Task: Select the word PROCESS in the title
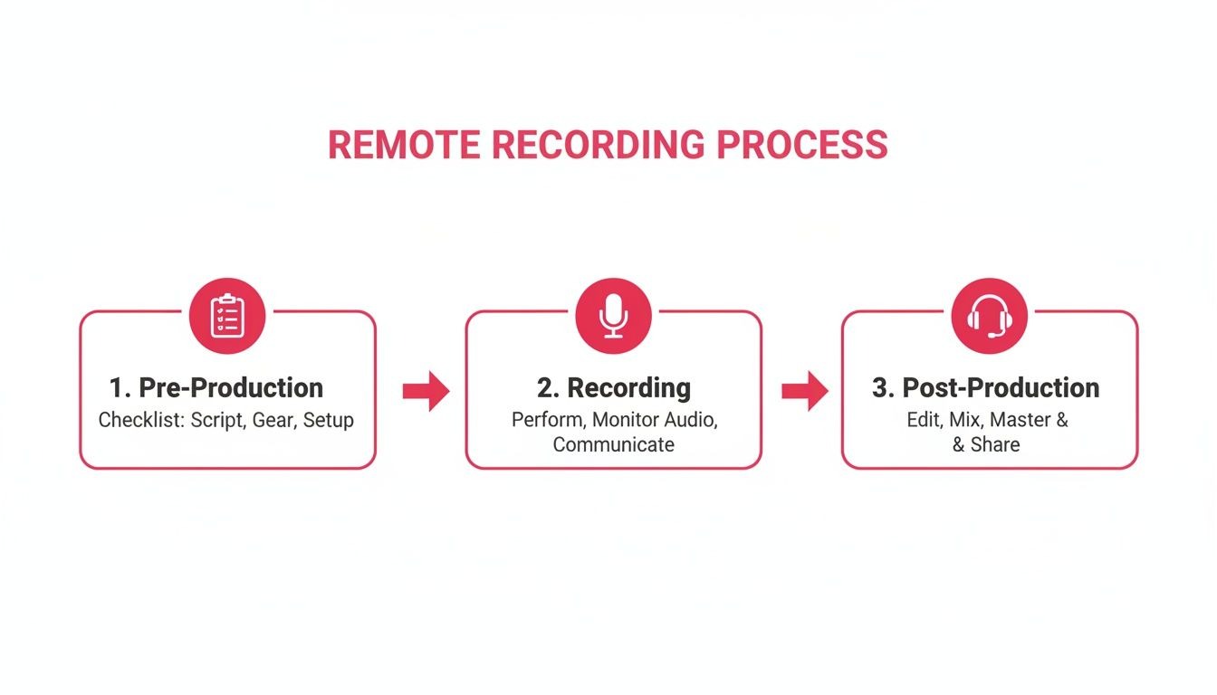(801, 146)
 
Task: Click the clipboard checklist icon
(226, 316)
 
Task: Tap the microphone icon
(613, 316)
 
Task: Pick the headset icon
(989, 316)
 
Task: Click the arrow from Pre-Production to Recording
(426, 391)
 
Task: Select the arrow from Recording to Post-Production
(804, 391)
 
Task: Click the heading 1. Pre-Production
(216, 388)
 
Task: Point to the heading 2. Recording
(613, 388)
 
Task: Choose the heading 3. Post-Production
(985, 388)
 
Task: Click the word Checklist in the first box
(139, 421)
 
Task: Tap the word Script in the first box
(213, 421)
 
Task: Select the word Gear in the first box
(273, 421)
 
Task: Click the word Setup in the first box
(329, 421)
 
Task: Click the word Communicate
(613, 444)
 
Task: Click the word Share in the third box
(995, 444)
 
